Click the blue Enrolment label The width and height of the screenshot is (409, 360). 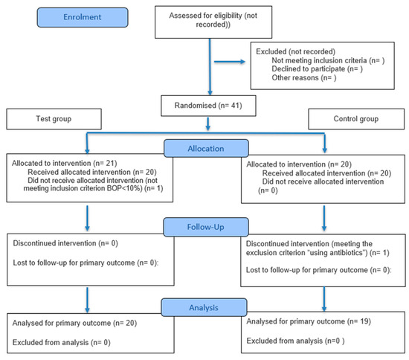83,17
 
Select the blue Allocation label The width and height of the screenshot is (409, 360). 206,149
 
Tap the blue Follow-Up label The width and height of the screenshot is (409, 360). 206,227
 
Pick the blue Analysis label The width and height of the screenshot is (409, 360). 204,308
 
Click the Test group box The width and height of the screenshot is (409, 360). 54,119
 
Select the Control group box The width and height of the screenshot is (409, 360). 356,119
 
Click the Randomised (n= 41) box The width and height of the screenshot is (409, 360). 208,106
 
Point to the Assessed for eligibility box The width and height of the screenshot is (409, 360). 213,22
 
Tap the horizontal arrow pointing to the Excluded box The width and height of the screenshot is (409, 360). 230,62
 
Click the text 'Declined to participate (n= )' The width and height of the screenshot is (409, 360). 318,69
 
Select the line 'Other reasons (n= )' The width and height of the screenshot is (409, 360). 304,78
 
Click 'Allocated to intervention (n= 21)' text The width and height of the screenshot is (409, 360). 64,164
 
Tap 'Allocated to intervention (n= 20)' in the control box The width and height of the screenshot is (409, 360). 299,164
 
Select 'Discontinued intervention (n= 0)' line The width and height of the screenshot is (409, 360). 65,243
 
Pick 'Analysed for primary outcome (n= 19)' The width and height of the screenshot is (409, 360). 309,321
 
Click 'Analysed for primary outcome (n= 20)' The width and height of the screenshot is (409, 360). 74,324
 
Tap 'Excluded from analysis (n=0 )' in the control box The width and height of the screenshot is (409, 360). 295,341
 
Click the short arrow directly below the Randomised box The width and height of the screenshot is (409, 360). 208,124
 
